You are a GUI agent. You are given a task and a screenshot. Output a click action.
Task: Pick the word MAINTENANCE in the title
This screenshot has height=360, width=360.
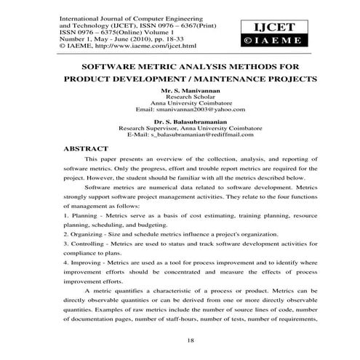(x=231, y=77)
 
